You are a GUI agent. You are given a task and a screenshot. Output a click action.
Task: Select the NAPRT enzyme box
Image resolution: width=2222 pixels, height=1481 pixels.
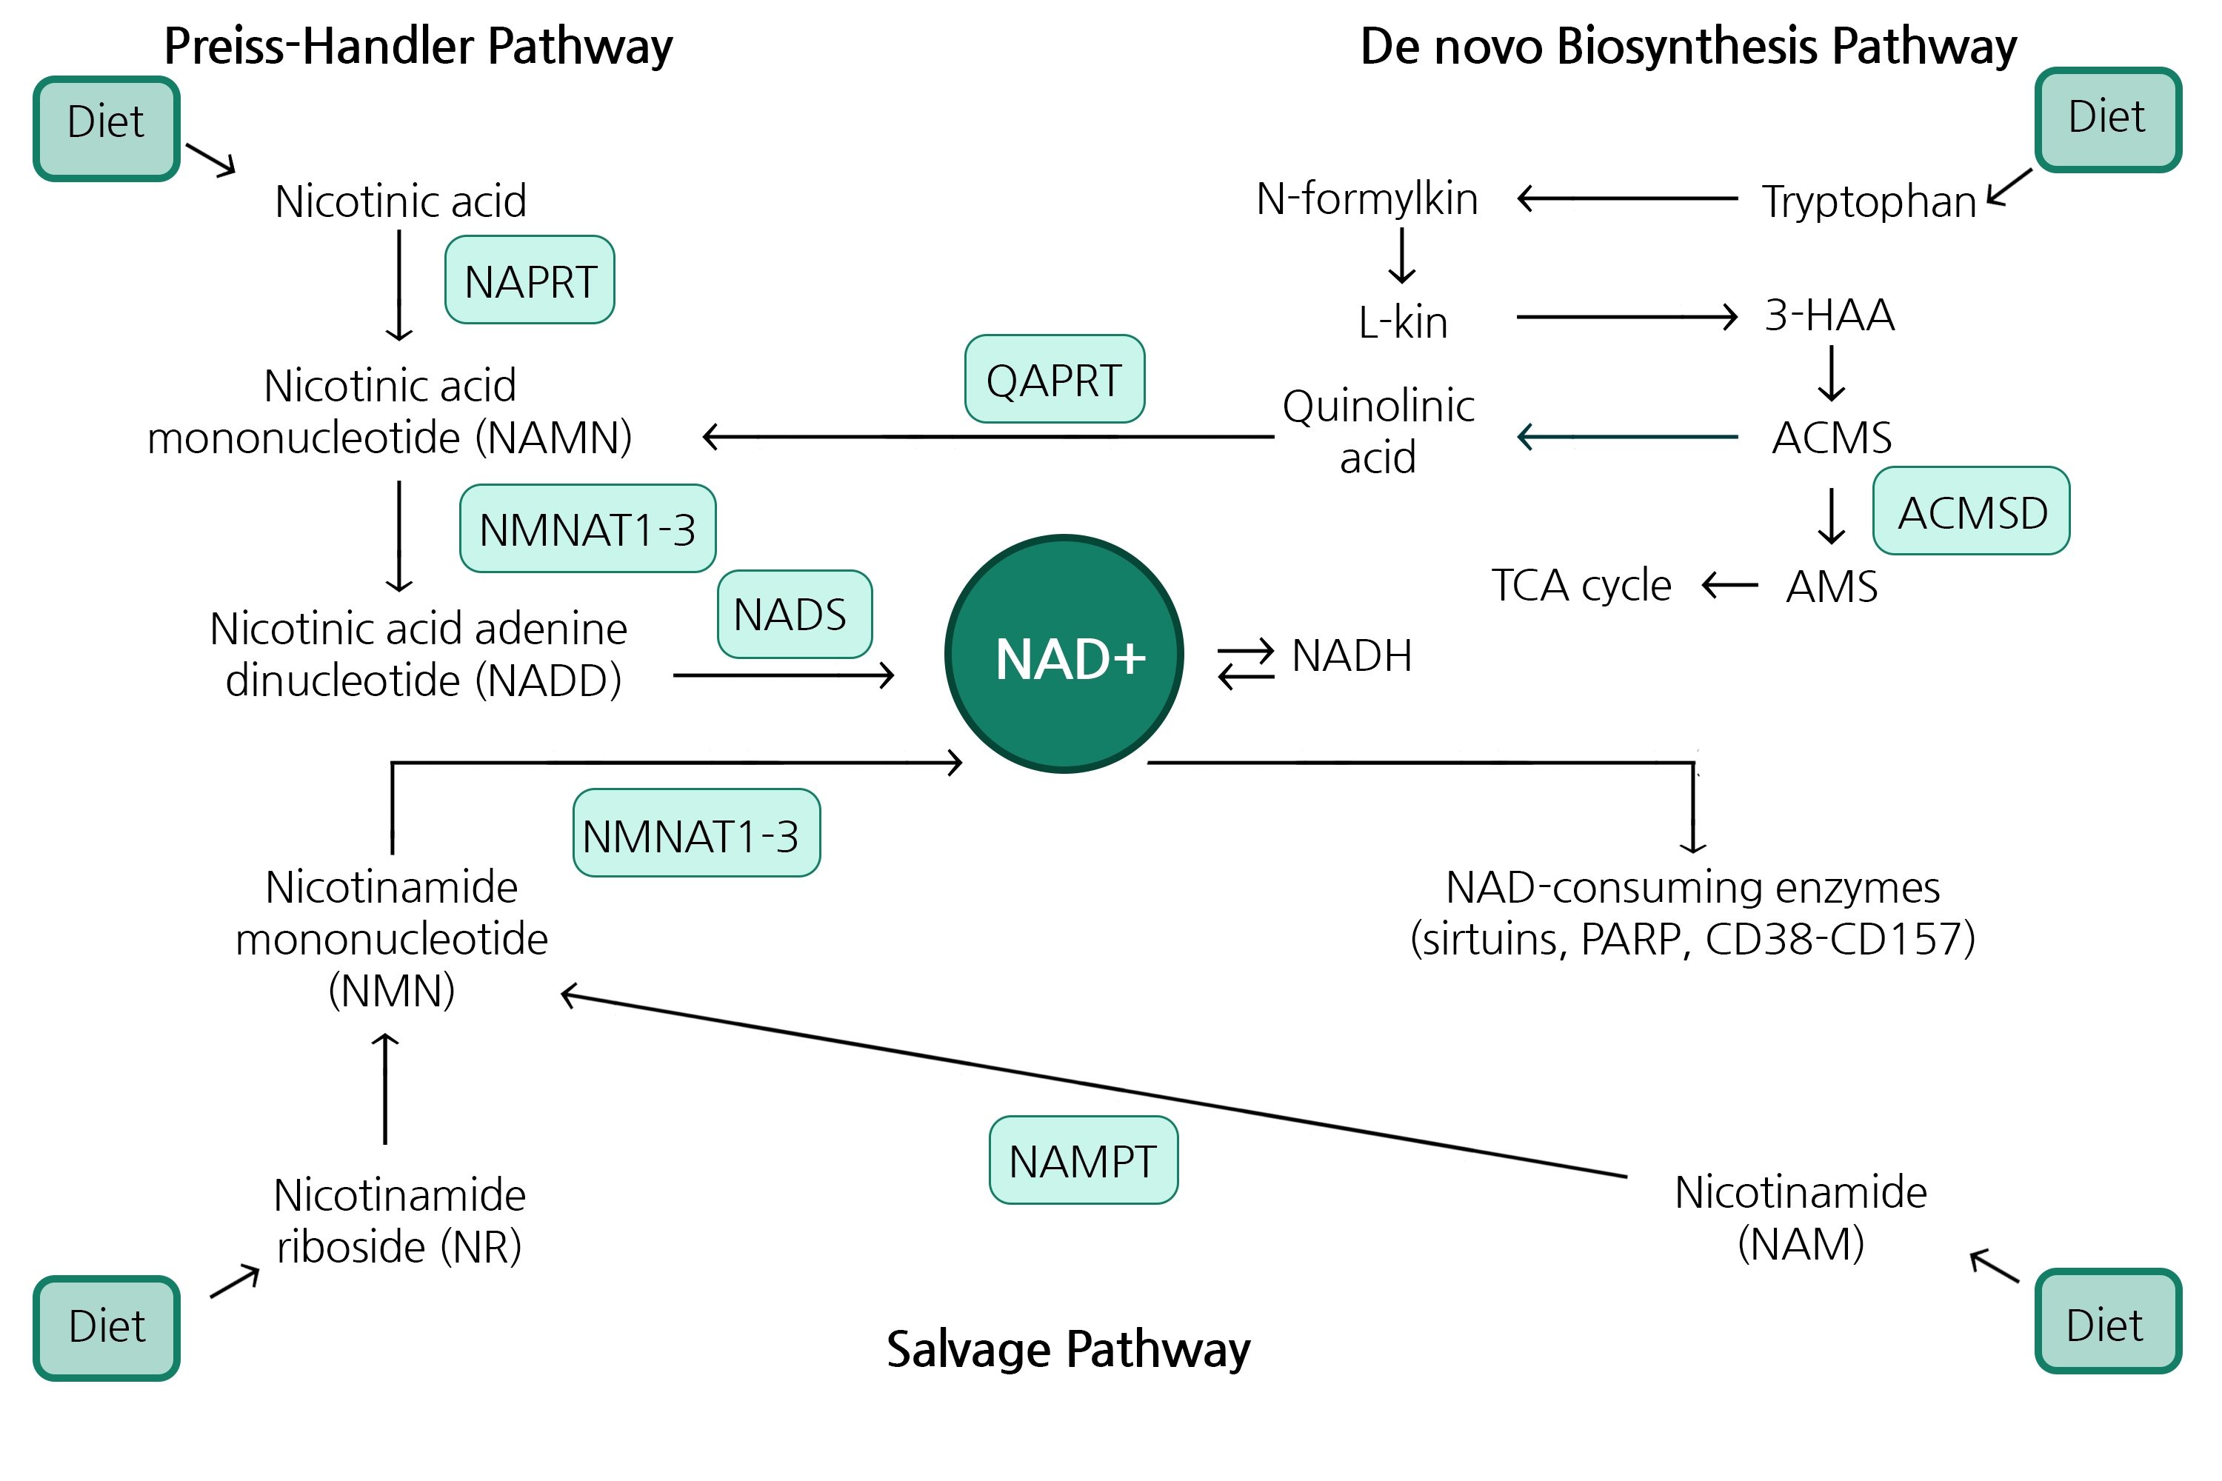(530, 281)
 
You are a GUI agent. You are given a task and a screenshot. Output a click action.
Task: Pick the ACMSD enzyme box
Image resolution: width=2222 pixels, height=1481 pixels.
(1971, 511)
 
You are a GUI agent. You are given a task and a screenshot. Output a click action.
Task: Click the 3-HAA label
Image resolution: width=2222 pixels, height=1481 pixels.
(1829, 315)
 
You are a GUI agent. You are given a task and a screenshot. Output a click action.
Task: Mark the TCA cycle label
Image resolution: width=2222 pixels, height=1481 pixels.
(1581, 586)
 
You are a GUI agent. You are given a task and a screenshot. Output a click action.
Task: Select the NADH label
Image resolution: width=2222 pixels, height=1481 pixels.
(1351, 655)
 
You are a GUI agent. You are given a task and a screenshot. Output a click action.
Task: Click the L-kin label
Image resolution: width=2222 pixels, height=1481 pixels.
(1402, 322)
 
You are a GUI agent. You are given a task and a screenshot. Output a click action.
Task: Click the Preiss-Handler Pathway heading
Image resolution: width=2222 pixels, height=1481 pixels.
(418, 45)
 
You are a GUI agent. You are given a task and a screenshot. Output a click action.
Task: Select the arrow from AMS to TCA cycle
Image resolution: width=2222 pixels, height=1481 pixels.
(1729, 586)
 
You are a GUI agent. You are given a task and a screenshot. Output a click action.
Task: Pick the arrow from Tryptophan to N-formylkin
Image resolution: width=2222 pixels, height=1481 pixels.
(1627, 198)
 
